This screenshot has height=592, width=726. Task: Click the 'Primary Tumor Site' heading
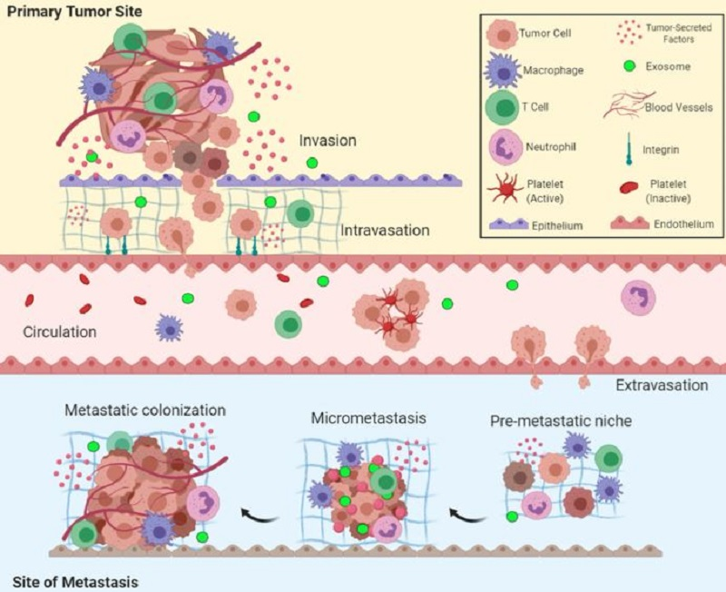[74, 11]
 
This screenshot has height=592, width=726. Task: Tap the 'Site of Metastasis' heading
[75, 581]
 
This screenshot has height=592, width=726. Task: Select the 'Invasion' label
[328, 141]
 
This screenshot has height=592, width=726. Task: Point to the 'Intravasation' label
[385, 231]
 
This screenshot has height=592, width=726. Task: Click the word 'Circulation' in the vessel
[60, 331]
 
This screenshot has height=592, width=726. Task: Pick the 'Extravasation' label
[662, 385]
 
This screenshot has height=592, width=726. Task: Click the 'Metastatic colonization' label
[145, 410]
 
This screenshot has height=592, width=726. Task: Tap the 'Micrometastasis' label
[368, 418]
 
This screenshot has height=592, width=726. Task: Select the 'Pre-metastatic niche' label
[561, 421]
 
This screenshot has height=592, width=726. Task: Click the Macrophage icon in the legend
[503, 71]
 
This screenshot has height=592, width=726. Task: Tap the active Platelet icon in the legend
[505, 188]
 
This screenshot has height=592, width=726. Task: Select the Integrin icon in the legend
[629, 149]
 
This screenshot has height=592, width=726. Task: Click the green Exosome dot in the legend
[629, 66]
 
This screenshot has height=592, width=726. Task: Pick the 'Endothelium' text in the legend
[683, 224]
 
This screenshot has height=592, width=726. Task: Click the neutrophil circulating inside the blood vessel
[639, 298]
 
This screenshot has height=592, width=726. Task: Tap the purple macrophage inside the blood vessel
[169, 328]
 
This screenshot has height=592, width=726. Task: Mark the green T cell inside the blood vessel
[289, 324]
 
